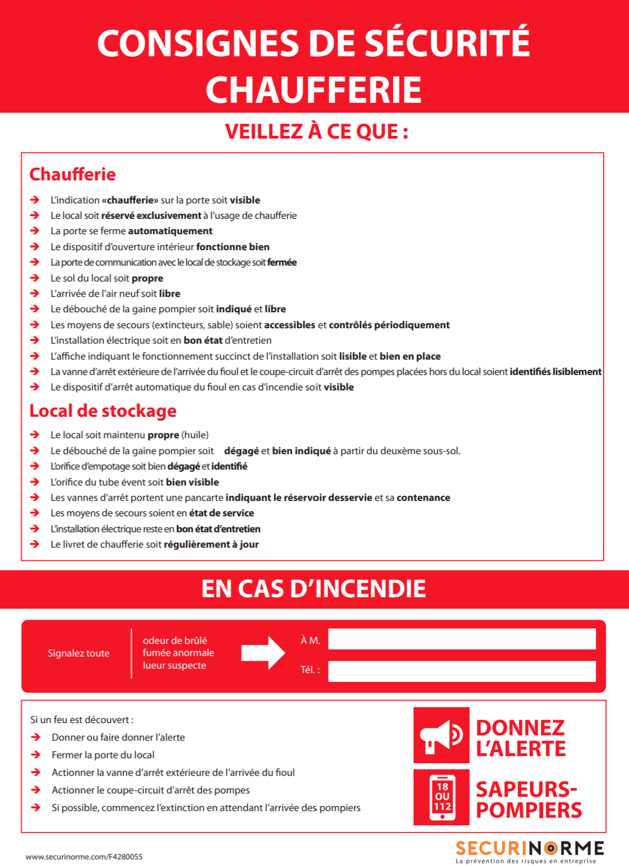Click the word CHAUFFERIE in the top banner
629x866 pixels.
pos(314,90)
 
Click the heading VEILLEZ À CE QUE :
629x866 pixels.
pos(316,132)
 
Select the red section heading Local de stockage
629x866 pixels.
pos(103,411)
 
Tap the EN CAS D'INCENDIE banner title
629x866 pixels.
pos(314,589)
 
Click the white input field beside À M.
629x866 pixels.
pos(461,639)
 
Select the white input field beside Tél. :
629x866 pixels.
pos(461,671)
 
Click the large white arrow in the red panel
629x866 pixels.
pos(263,653)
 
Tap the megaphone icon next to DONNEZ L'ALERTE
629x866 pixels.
pos(441,735)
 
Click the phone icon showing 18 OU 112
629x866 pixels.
pos(442,797)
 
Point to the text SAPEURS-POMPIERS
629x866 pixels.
pos(528,799)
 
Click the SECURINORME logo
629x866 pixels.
pos(530,850)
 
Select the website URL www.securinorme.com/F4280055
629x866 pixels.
pos(84,857)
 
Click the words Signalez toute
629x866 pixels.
pos(79,653)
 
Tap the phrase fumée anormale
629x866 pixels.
pos(179,653)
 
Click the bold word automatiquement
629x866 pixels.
pos(170,231)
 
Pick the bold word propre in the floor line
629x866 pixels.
pos(147,278)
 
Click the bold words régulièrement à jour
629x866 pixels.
pos(211,544)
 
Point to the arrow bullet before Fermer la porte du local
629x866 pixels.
pos(36,755)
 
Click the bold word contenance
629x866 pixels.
pos(424,498)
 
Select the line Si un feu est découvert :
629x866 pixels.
pos(82,720)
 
